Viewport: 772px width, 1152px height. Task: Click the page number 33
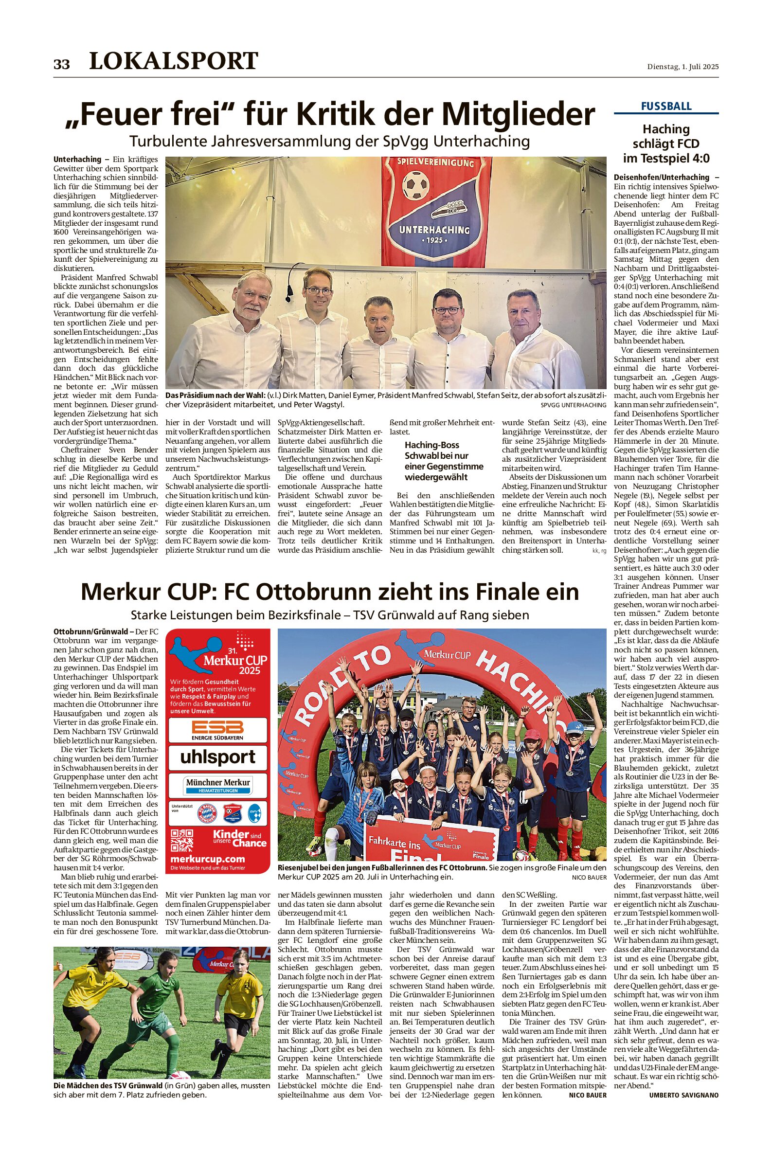(62, 64)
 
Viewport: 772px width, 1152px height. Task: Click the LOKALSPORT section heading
(173, 61)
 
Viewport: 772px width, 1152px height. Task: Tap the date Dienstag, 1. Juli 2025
(682, 67)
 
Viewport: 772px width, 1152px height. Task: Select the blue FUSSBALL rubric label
(665, 106)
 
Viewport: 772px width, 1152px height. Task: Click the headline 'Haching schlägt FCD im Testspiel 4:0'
(665, 144)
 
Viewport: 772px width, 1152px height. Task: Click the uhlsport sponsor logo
(217, 756)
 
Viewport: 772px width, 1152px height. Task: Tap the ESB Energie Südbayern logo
(217, 730)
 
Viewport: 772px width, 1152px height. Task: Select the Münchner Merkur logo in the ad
(217, 784)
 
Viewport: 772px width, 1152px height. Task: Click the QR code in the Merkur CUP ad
(181, 840)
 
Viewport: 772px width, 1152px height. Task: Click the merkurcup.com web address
(207, 859)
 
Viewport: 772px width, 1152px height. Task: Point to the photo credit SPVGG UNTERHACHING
(573, 405)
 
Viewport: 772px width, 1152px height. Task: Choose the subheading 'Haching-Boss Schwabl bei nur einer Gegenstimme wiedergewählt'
(444, 461)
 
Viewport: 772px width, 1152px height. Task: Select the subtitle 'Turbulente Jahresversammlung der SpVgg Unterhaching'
(329, 141)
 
